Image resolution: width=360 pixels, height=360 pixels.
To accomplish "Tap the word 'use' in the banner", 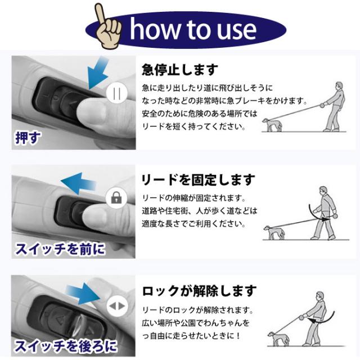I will click(233, 29).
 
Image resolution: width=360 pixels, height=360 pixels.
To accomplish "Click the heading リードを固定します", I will click(197, 180).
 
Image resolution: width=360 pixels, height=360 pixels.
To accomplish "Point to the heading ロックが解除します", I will click(199, 291).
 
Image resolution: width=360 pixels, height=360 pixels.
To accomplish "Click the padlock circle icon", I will click(116, 197).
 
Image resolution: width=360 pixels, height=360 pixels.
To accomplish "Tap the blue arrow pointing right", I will click(84, 294).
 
